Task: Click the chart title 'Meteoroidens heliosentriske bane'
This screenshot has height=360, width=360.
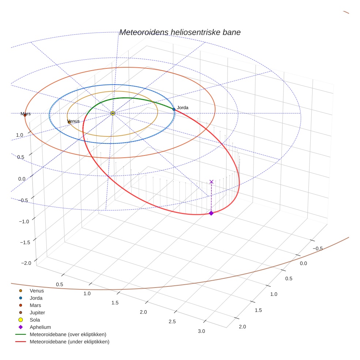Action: (180, 32)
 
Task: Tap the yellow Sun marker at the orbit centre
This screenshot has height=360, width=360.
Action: (113, 113)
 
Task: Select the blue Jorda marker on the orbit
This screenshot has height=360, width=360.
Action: (174, 109)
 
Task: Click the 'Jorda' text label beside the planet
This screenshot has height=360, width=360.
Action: (183, 108)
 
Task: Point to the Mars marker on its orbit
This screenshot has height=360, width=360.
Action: (25, 115)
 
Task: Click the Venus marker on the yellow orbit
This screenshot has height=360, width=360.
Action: (69, 122)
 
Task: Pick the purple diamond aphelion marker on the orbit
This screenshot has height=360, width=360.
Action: (211, 213)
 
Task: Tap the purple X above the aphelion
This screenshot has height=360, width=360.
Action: (211, 181)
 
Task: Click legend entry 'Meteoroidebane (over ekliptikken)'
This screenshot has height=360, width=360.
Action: (68, 334)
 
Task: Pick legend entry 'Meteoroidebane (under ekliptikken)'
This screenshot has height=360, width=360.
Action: (69, 342)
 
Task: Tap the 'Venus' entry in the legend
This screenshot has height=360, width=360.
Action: (37, 291)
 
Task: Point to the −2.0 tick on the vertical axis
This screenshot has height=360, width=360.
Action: (26, 263)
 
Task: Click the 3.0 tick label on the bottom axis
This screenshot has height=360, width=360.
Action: (201, 331)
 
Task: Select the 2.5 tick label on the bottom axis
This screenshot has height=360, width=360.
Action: (172, 321)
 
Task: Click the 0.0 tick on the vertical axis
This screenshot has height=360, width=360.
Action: (22, 179)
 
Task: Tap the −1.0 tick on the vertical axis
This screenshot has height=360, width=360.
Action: (25, 221)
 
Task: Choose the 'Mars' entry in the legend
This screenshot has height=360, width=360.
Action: (35, 305)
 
